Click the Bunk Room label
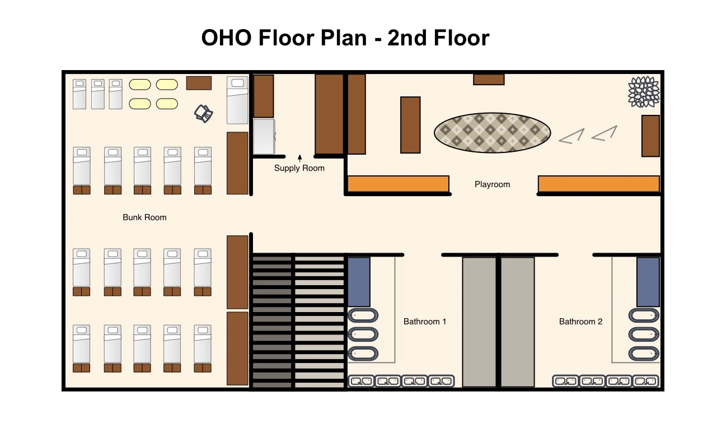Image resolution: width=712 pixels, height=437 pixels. (x=144, y=217)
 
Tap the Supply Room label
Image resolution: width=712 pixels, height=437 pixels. (x=299, y=168)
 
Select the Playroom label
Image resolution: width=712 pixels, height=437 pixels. (x=493, y=184)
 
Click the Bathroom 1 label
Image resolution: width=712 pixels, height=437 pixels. (x=425, y=322)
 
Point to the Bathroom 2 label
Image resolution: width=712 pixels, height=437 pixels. (x=580, y=322)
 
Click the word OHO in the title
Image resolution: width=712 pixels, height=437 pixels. (x=227, y=38)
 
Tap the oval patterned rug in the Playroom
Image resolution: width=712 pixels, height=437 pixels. (x=493, y=133)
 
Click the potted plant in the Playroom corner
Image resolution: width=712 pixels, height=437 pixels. (x=644, y=92)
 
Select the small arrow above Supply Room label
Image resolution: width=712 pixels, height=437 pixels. (x=299, y=158)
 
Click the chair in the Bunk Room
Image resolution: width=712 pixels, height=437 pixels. (x=203, y=114)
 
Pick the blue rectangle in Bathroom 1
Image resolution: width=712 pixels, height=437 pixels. (x=359, y=282)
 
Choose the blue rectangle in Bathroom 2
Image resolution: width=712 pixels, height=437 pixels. (x=648, y=282)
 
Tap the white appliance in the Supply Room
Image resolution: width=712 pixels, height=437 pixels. (x=264, y=137)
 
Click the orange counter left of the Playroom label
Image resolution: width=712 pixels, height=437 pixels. (x=399, y=184)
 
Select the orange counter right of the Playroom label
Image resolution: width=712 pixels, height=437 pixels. (x=599, y=184)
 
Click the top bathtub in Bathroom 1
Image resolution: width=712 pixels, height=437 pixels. (x=363, y=315)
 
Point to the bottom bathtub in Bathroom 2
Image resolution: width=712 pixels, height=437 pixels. (x=644, y=354)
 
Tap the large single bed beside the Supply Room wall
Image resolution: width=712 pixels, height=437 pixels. (x=237, y=100)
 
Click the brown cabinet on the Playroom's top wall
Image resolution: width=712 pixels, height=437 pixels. (x=489, y=80)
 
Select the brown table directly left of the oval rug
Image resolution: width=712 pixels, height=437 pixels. (x=410, y=125)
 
